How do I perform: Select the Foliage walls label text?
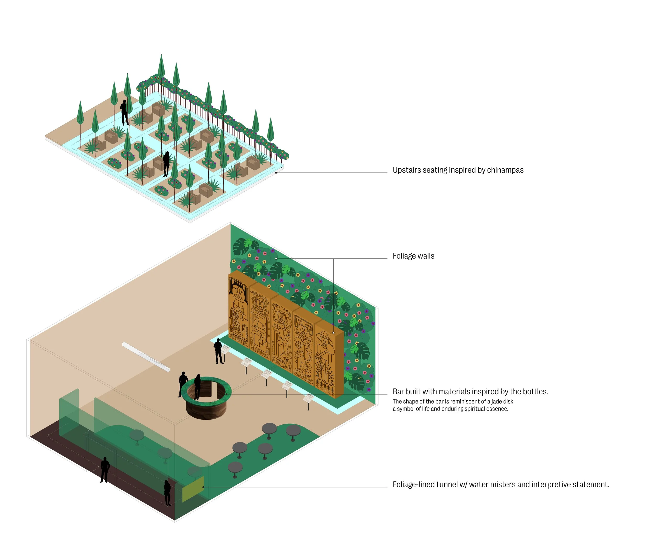[413, 256]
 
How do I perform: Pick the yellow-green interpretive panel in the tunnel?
[193, 489]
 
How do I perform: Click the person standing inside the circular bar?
[197, 386]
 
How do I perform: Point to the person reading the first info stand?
[219, 351]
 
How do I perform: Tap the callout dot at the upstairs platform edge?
[276, 173]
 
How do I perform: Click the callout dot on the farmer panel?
[333, 333]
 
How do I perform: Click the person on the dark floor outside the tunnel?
[105, 469]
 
